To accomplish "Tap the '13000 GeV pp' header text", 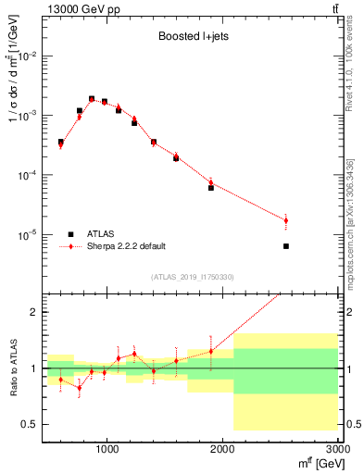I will point(72,8).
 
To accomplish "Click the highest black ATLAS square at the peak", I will point(92,98).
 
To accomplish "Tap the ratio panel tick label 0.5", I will point(31,424).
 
